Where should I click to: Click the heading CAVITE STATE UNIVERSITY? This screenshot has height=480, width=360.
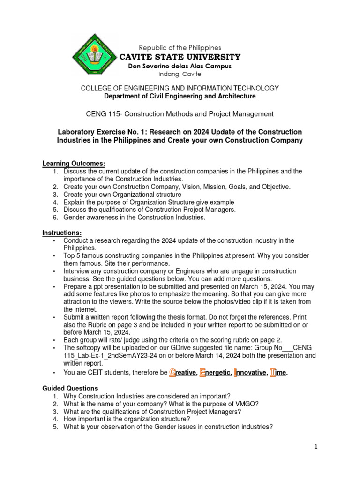[180, 57]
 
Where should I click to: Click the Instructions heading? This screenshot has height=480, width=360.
[62, 232]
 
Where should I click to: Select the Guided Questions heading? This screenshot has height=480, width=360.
[70, 388]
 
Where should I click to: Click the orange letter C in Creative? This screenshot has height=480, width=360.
[172, 373]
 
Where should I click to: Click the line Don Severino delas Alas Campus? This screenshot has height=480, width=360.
[180, 66]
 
